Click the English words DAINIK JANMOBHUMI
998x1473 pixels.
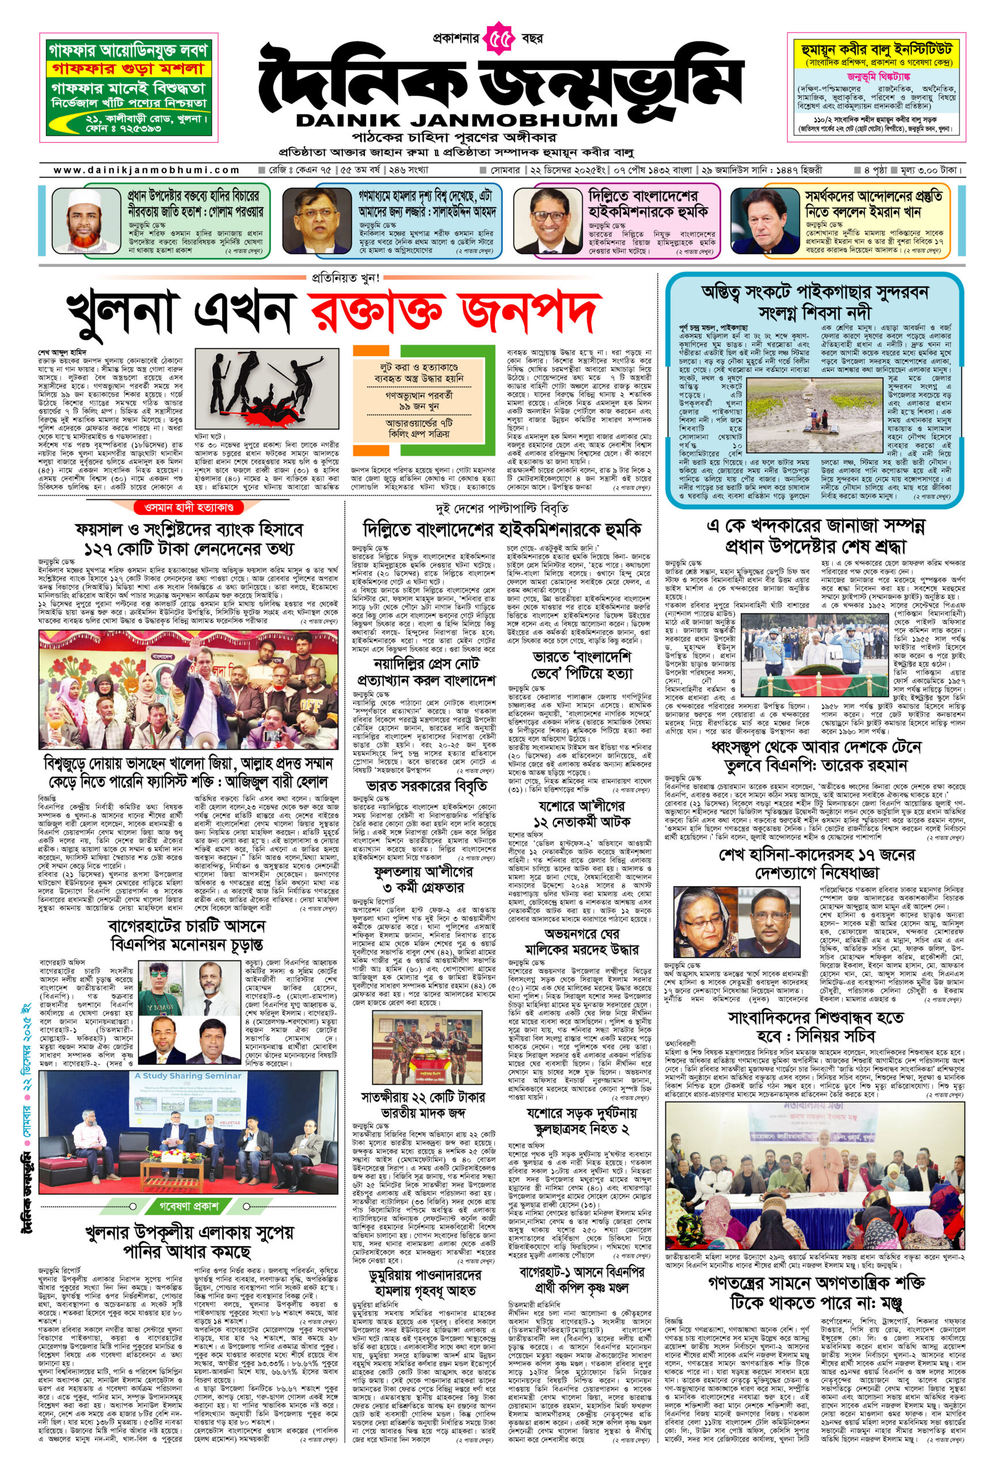pyautogui.click(x=456, y=120)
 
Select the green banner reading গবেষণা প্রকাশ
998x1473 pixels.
pyautogui.click(x=188, y=1205)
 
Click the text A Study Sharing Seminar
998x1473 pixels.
pyautogui.click(x=188, y=1075)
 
